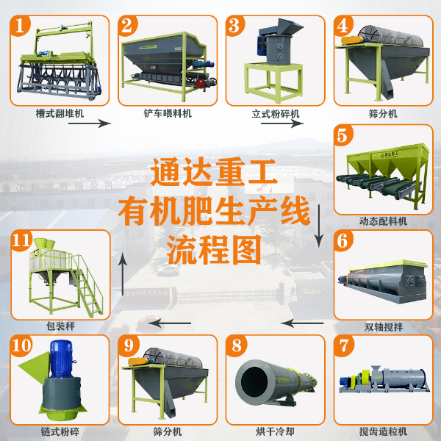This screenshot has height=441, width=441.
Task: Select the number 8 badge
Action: coord(237,345)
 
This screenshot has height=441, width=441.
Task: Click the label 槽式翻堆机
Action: coord(56,114)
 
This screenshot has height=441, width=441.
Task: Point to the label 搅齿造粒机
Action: coord(383,431)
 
